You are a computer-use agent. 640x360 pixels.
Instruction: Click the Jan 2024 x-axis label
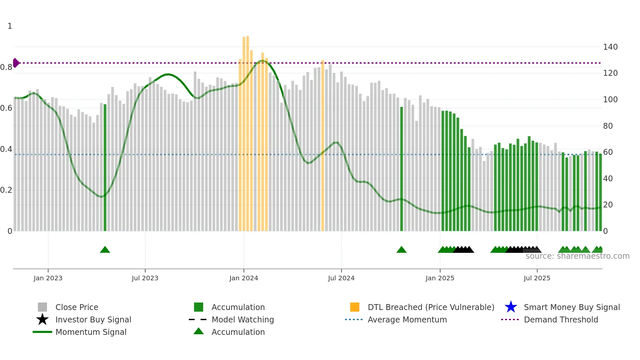[244, 278]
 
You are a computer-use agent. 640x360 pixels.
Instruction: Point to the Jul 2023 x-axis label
[145, 278]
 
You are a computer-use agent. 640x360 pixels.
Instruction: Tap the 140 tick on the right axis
[610, 47]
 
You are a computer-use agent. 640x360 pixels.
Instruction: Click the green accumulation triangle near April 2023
[105, 250]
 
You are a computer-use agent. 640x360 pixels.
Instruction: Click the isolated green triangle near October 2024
[401, 250]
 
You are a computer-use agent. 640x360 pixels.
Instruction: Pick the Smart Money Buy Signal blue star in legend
[511, 307]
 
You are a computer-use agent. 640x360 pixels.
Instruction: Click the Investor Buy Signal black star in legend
[42, 319]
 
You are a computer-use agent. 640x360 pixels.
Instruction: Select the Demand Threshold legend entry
[561, 319]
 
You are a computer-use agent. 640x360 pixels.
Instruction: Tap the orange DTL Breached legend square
[355, 307]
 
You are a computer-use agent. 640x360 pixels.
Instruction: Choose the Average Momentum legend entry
[407, 319]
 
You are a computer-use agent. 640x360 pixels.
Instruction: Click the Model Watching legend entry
[242, 319]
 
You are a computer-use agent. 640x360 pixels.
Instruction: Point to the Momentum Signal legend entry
[91, 332]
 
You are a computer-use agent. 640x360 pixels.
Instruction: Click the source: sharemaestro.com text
[577, 256]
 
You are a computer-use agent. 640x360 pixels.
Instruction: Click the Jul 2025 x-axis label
[537, 278]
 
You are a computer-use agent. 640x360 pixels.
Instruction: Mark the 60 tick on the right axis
[608, 152]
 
